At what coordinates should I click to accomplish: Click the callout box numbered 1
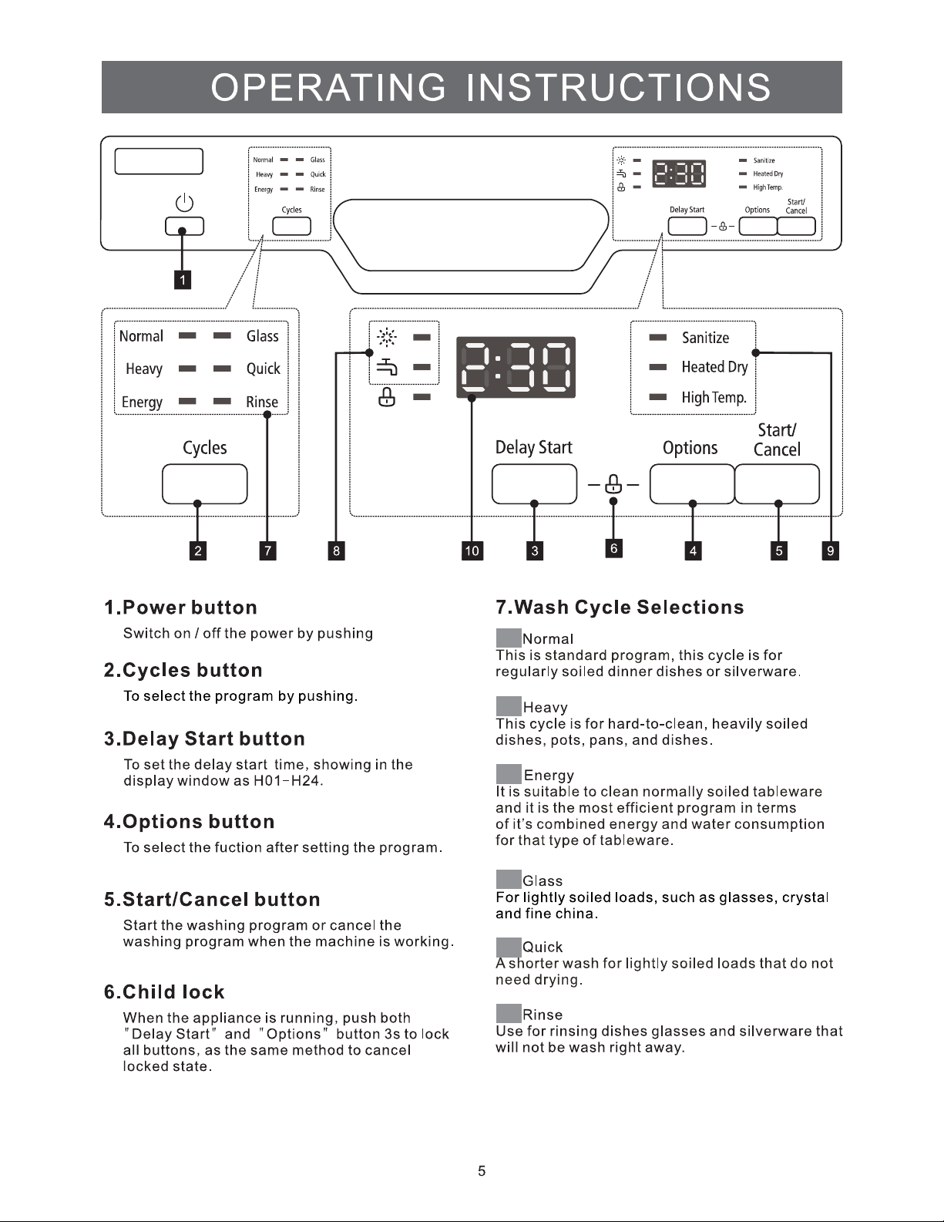pos(183,280)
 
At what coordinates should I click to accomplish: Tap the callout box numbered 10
pos(472,550)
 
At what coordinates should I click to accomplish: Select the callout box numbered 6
pos(613,548)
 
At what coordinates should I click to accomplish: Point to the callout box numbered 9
pos(831,550)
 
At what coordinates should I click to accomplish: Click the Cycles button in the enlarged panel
pos(204,483)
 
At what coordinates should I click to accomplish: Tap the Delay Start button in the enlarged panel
pos(534,483)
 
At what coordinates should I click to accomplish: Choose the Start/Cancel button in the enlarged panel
pos(777,483)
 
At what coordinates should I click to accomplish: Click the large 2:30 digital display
pos(516,367)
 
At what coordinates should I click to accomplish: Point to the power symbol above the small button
pos(184,203)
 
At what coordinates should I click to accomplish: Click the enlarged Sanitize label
pos(705,338)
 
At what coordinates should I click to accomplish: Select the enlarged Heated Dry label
pos(715,367)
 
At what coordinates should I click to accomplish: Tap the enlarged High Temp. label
pos(714,398)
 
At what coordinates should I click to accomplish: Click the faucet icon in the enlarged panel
pos(387,367)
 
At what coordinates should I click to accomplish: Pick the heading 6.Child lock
pos(164,992)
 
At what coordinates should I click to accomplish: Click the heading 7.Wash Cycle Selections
pos(620,608)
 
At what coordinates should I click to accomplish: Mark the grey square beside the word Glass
pos(509,879)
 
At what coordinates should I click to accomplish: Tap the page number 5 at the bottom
pos(482,1171)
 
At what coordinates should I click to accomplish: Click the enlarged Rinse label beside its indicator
pos(262,402)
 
